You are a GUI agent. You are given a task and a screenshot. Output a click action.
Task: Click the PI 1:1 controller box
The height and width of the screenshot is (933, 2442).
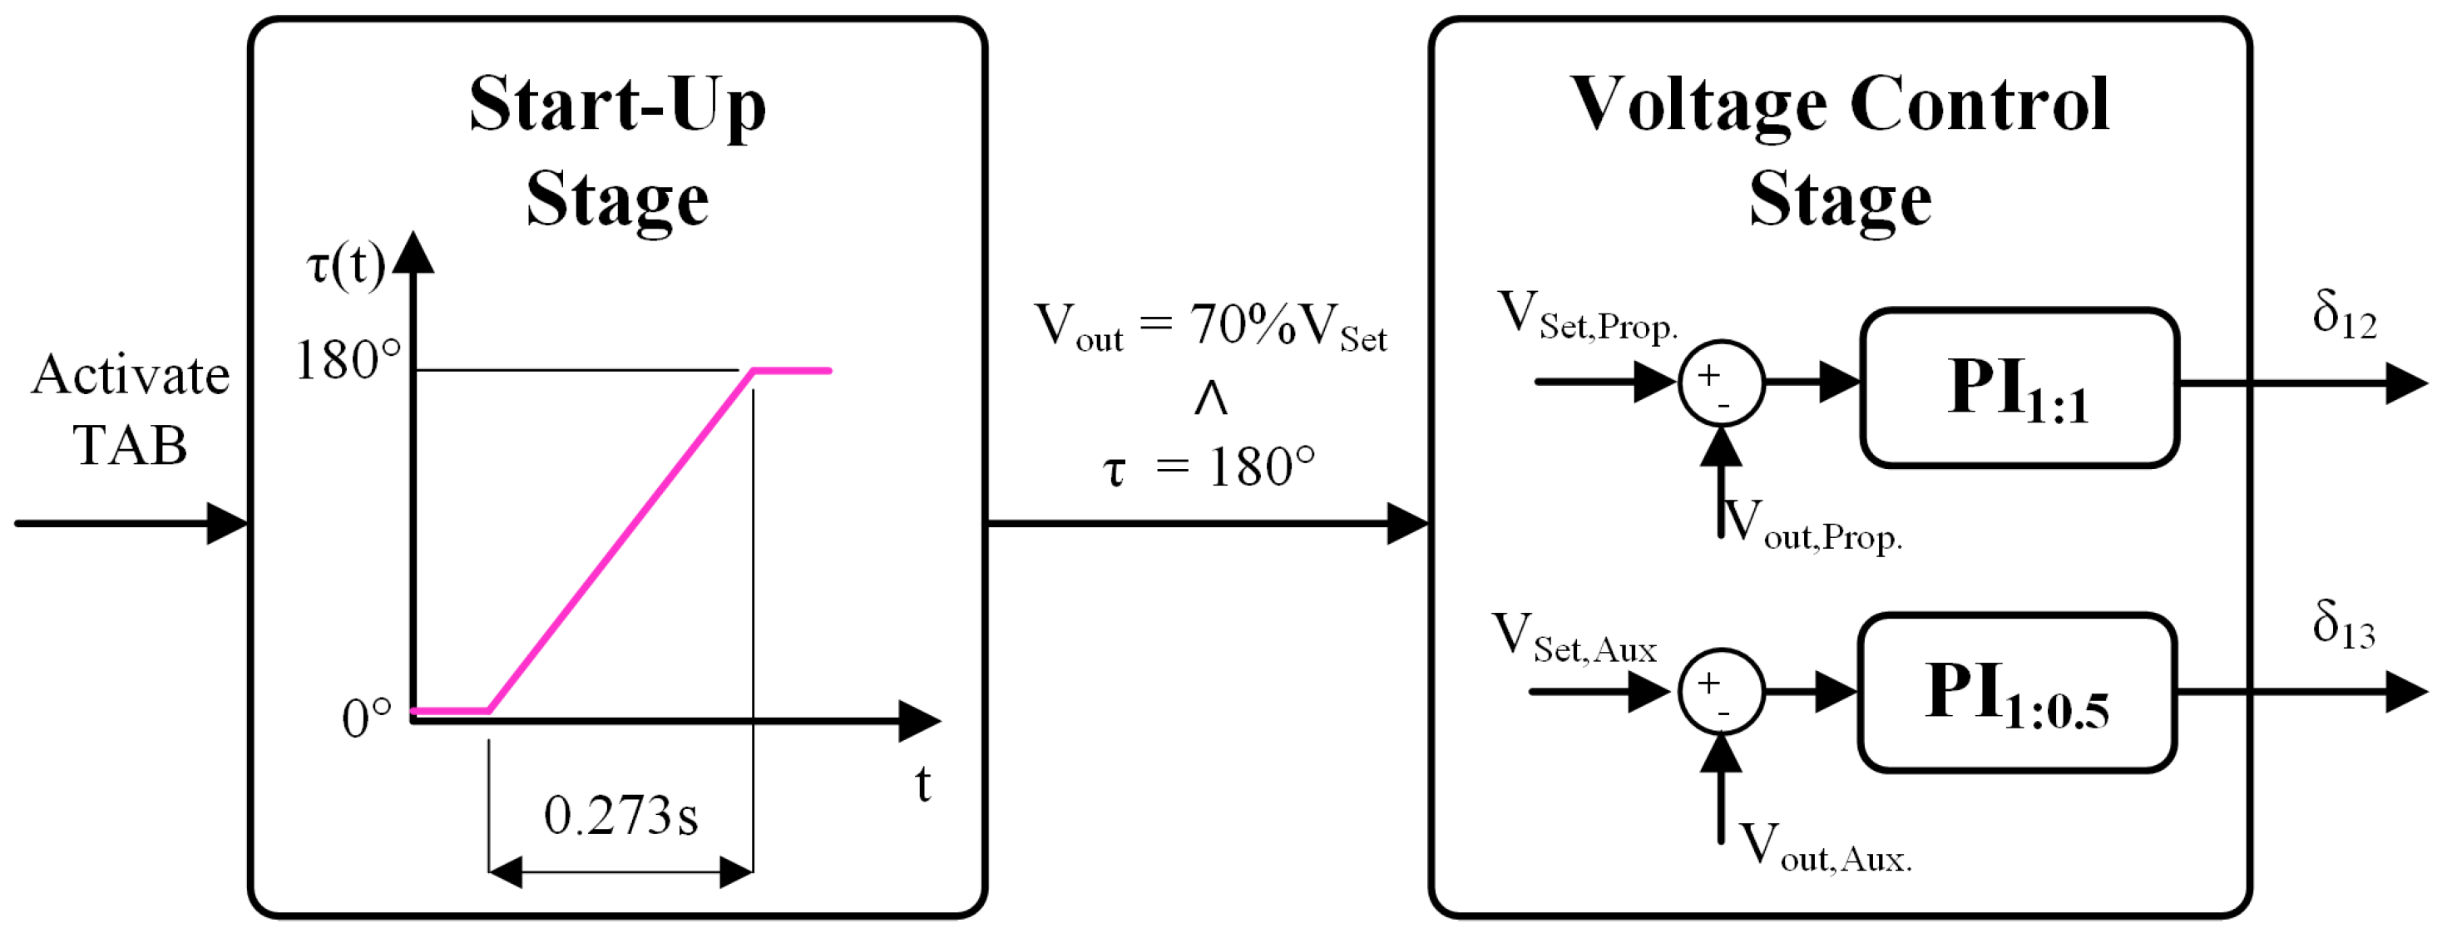(2019, 388)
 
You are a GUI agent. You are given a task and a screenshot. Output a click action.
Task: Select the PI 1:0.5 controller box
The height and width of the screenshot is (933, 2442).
(2016, 694)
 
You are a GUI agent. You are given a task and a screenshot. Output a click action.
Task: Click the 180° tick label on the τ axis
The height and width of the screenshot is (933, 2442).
(348, 361)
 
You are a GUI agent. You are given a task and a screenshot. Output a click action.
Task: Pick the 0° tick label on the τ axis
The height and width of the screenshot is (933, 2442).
(367, 718)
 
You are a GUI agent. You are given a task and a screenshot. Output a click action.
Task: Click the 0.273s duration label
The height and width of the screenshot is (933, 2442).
(621, 816)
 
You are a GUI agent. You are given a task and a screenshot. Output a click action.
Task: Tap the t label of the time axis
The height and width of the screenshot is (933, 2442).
(922, 785)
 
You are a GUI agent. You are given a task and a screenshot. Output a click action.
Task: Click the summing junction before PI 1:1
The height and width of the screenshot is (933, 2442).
(1721, 383)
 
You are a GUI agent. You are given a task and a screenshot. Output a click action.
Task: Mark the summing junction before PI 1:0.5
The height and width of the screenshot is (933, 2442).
(1721, 691)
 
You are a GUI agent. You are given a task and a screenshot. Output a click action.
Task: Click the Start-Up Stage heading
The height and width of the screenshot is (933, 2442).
(617, 151)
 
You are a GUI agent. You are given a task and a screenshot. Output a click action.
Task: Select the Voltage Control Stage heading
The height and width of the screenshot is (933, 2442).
(1839, 151)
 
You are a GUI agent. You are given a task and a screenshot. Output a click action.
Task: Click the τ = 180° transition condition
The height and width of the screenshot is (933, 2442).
(1209, 467)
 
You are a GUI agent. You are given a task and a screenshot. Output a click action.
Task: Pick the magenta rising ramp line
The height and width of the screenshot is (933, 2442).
(621, 541)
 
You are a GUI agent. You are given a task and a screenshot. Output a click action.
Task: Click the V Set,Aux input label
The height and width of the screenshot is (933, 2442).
(1574, 638)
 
